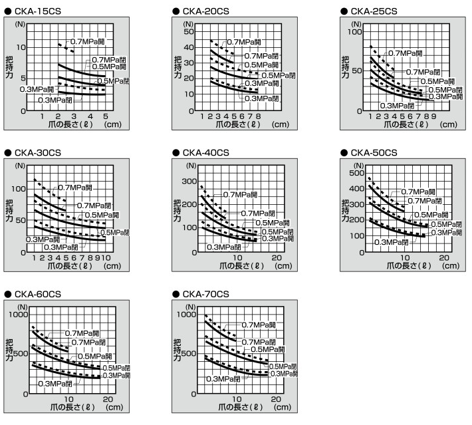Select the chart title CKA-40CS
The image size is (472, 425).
(201, 152)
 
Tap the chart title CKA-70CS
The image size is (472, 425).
(201, 294)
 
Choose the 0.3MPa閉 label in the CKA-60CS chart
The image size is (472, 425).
(56, 384)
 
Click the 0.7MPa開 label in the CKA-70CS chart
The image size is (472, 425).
(261, 325)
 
